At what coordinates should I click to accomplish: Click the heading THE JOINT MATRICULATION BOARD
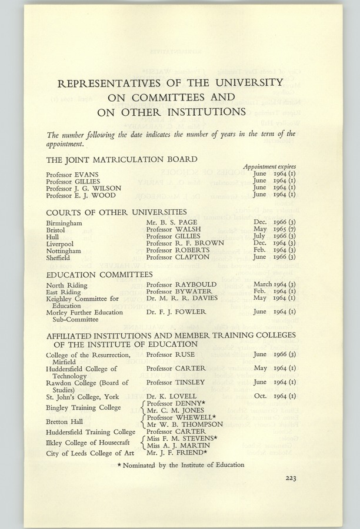[x=122, y=159]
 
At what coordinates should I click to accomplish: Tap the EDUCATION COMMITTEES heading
[x=99, y=274]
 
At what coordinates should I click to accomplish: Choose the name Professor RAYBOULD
[x=181, y=284]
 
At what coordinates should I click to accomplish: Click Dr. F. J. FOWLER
[x=174, y=312]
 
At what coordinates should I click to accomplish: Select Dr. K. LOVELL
[x=171, y=396]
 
